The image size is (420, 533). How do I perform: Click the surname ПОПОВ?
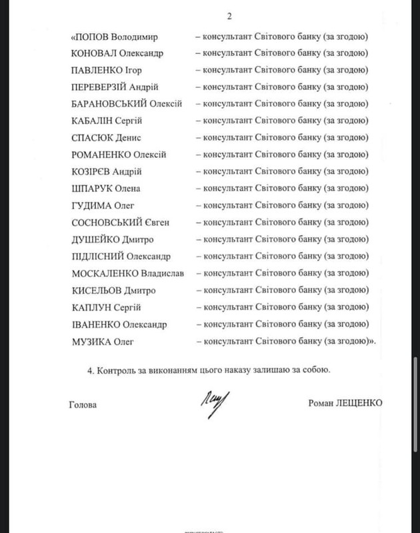click(94, 35)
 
